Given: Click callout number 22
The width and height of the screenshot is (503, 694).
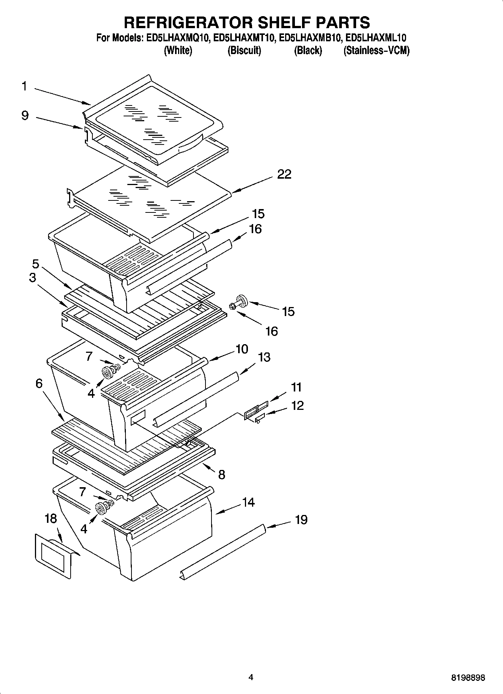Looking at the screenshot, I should pyautogui.click(x=284, y=175).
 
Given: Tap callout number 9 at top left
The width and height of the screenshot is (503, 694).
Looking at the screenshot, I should pyautogui.click(x=25, y=115).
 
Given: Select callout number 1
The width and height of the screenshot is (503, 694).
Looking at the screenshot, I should pyautogui.click(x=24, y=86).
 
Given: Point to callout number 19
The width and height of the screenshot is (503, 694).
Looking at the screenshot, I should pyautogui.click(x=301, y=520).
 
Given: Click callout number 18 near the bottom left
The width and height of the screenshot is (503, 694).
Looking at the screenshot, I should pyautogui.click(x=50, y=519).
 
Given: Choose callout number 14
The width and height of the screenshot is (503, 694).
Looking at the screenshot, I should pyautogui.click(x=248, y=502).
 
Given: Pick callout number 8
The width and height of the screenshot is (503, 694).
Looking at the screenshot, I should pyautogui.click(x=222, y=475).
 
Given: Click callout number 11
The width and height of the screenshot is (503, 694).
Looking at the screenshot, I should pyautogui.click(x=296, y=387).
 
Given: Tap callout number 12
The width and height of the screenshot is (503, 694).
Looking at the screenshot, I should pyautogui.click(x=297, y=406).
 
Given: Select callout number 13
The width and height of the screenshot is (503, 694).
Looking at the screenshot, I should pyautogui.click(x=264, y=357).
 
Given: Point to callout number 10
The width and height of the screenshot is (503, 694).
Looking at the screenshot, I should pyautogui.click(x=242, y=349).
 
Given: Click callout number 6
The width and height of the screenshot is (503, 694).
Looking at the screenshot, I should pyautogui.click(x=39, y=384).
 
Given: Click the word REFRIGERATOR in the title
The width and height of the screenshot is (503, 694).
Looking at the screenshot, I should pyautogui.click(x=188, y=23).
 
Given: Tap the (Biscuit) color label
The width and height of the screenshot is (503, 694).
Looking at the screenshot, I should pyautogui.click(x=244, y=50).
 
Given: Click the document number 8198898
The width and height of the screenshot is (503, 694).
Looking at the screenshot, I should pyautogui.click(x=468, y=678).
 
